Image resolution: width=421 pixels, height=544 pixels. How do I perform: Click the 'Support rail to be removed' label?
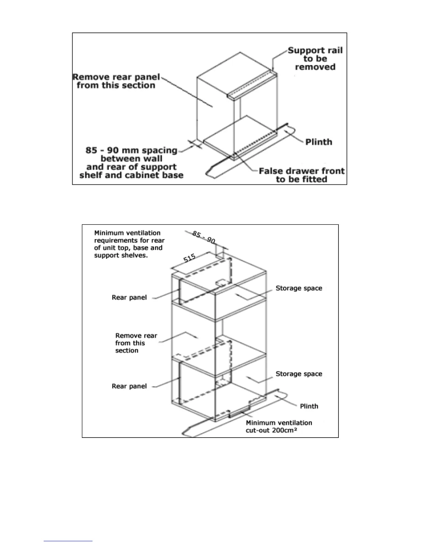coord(315,59)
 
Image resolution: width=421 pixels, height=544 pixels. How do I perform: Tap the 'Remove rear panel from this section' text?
coord(116,81)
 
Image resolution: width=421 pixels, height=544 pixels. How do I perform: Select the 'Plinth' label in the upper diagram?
coord(319,142)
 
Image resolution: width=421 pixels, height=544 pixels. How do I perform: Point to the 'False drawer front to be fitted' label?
coord(301,175)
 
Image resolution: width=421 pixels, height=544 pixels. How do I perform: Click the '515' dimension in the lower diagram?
coord(190,258)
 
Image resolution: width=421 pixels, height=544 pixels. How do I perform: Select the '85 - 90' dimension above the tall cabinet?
coord(204,237)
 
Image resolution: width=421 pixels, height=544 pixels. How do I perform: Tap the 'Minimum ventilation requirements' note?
coord(129,244)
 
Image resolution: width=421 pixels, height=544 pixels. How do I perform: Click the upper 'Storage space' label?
coord(299,288)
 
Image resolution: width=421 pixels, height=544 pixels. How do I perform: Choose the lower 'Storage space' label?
coord(299,374)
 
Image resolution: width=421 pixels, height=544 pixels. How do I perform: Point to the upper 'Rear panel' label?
coord(129,297)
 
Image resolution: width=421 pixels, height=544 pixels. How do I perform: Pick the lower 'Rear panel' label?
coord(129,386)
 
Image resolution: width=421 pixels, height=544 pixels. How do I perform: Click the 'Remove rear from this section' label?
coord(136,343)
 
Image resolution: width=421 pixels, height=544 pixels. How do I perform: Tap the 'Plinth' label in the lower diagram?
coord(309,406)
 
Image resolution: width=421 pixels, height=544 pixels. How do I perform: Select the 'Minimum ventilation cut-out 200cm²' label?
coord(279,427)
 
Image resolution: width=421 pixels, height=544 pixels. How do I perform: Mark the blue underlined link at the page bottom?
coord(68,541)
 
